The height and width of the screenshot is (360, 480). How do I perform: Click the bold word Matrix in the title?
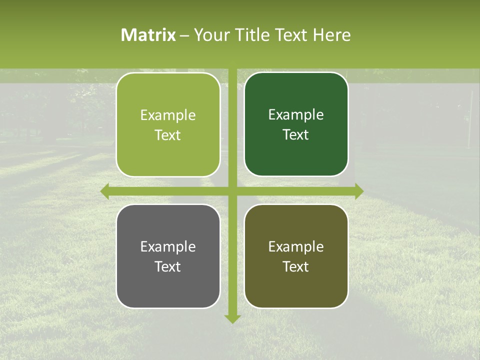pos(148,35)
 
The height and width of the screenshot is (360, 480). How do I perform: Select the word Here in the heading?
pos(331,35)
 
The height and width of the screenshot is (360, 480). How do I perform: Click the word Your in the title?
pos(210,35)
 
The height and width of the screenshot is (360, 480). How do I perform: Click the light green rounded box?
pos(168,125)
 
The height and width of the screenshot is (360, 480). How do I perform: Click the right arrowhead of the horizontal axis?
pos(359,191)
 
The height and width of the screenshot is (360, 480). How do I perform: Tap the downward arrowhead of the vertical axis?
pos(232,318)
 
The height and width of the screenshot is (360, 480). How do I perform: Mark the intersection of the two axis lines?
pos(232,191)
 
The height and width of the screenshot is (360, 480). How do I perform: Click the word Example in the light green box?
pos(168,115)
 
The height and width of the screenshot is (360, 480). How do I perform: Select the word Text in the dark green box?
pos(296,135)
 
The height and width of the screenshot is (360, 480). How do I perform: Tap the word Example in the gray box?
pos(168,247)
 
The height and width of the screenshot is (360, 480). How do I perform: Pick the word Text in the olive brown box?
pos(296,267)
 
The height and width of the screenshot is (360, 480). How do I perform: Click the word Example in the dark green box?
pos(296,115)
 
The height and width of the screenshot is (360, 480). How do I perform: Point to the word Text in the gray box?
pos(168,267)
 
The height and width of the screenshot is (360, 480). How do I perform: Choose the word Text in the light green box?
pos(168,135)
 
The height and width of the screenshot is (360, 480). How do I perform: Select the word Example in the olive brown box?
pos(296,247)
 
